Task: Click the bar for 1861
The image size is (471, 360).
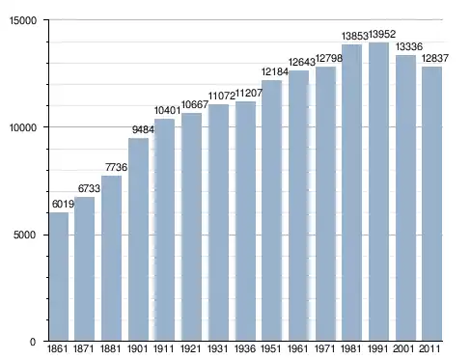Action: point(59,276)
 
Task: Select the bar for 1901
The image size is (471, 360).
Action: point(138,239)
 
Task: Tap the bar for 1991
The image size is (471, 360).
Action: point(378,192)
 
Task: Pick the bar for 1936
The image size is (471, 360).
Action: point(245,221)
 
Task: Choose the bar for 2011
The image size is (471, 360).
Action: point(431,204)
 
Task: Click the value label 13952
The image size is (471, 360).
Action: point(382,34)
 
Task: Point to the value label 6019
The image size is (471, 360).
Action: point(63,204)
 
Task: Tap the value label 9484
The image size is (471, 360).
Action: point(143,129)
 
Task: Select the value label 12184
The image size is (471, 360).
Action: point(275,71)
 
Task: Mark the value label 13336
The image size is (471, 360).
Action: point(409,47)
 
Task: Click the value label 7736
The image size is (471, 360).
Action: point(116,167)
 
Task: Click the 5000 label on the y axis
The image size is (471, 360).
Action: point(24,235)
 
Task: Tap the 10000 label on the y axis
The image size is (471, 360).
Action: point(23,127)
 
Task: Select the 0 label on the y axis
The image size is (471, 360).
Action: point(33,342)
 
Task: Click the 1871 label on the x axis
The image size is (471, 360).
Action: point(84,348)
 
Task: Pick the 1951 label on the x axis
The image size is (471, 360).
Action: point(271,348)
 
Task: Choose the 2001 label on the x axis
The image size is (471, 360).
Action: point(403,348)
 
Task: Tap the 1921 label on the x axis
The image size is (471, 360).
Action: point(191,348)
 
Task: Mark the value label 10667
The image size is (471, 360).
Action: point(195,104)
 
